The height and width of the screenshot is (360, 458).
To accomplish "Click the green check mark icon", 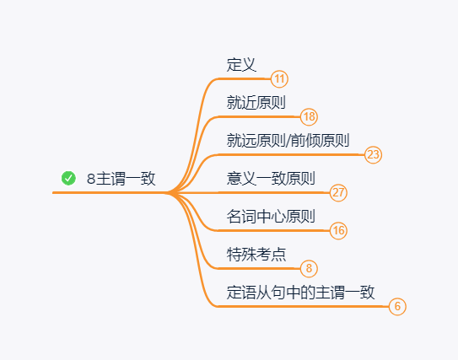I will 69,178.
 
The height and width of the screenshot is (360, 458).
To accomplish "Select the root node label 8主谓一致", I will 121,179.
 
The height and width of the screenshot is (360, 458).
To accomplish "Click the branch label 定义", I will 241,64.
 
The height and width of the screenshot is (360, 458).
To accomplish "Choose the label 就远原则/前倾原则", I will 288,140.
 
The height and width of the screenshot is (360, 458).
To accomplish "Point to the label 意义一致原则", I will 271,178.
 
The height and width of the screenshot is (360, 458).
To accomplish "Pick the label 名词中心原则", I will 271,216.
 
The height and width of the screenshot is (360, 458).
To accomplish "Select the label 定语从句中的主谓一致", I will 301,292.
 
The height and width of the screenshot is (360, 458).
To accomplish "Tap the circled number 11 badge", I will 280,79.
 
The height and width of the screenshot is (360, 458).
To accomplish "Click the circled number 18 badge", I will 310,116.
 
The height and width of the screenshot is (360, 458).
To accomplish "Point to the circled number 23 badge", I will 374,154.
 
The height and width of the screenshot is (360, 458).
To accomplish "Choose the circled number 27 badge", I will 338,192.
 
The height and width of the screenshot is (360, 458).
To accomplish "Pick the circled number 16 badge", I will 338,230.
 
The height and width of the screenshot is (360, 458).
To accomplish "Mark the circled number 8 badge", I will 310,268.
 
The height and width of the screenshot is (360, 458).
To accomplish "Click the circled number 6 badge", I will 398,306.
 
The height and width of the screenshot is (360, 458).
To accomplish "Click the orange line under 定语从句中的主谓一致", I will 304,306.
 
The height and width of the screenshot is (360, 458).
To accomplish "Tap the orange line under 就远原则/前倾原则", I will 287,154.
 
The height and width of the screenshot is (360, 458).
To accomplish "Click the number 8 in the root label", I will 91,179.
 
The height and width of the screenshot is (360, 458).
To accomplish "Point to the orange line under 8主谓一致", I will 110,193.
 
